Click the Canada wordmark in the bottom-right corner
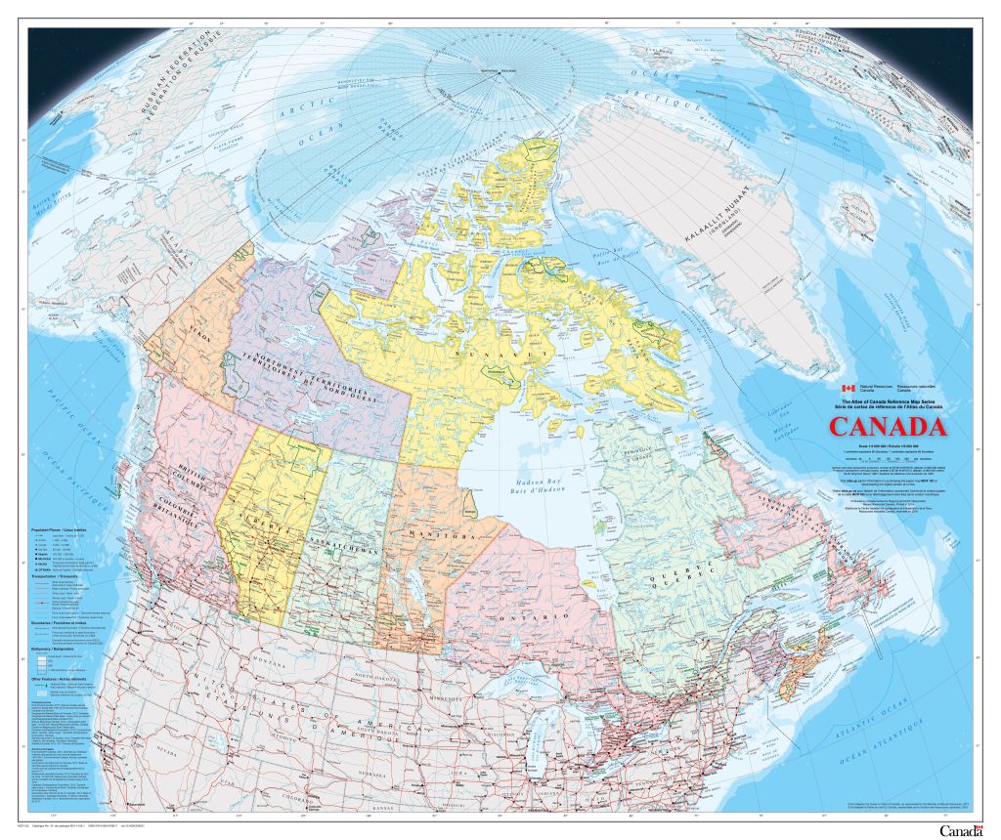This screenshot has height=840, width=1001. click(x=959, y=830)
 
